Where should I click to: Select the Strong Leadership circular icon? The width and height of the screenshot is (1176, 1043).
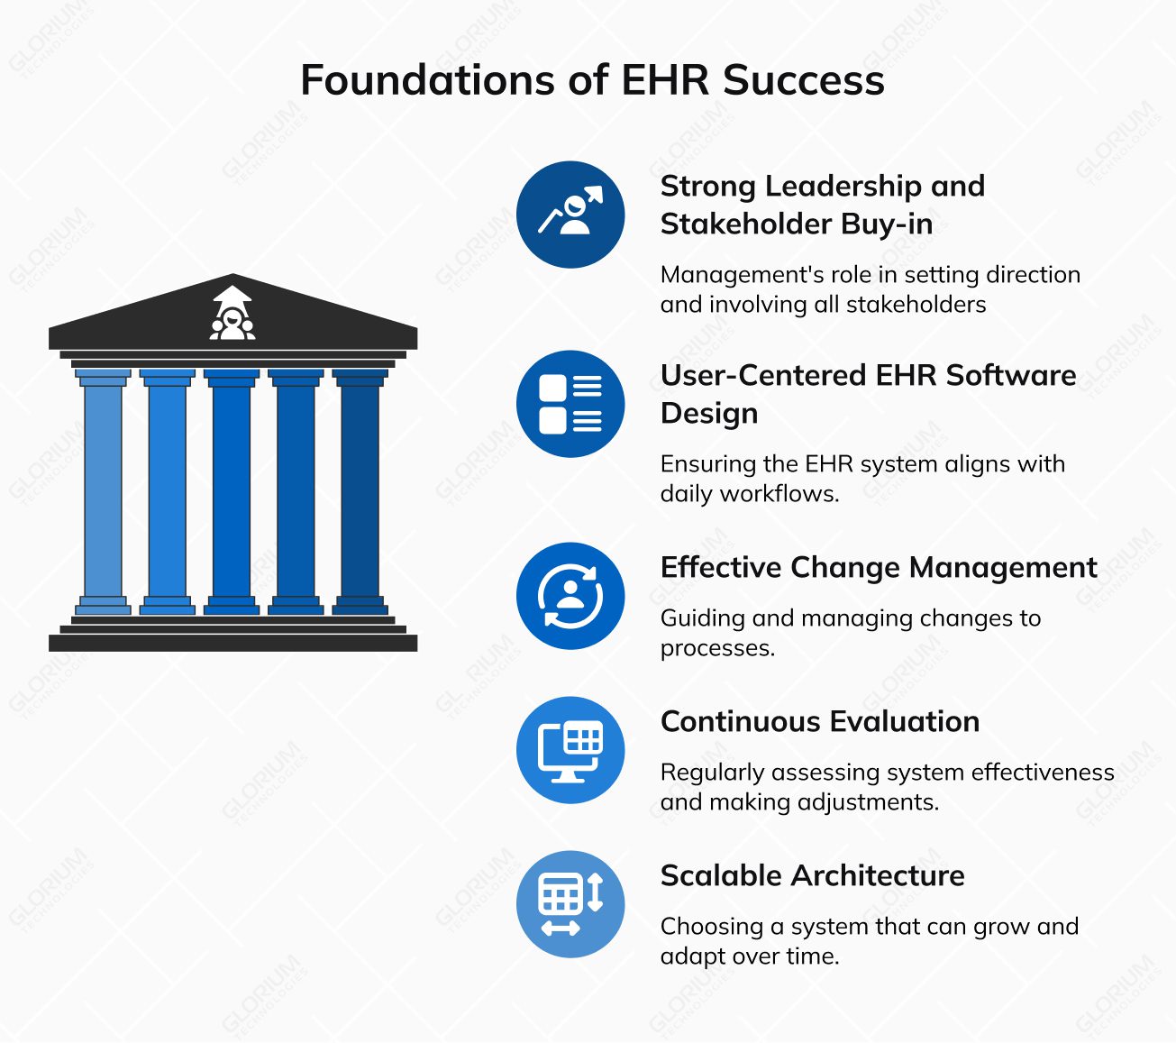click(570, 215)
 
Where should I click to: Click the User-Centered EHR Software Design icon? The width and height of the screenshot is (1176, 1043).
click(570, 404)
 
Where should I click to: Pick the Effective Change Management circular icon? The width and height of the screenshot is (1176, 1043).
click(570, 596)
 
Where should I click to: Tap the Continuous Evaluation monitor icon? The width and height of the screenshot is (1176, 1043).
click(570, 750)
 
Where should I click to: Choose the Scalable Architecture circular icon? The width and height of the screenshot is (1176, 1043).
click(570, 904)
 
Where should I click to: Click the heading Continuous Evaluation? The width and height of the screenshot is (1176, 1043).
click(819, 722)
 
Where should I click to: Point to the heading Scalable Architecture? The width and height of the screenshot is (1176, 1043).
click(812, 876)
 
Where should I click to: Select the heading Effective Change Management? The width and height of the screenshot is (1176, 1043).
click(878, 568)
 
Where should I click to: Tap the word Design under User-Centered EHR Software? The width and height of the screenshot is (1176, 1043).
click(708, 414)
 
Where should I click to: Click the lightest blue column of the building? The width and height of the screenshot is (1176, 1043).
click(103, 491)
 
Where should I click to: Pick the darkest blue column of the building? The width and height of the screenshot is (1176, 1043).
click(360, 491)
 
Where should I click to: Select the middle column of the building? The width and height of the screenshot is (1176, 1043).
click(232, 491)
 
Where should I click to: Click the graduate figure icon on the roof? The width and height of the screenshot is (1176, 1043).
click(232, 314)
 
